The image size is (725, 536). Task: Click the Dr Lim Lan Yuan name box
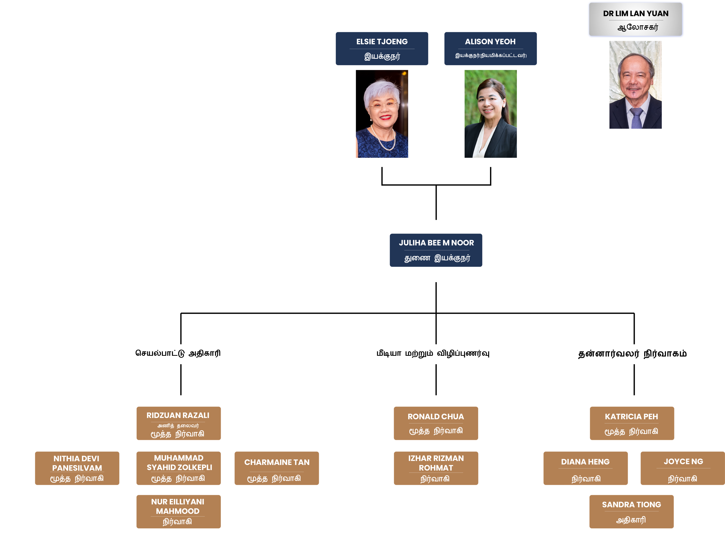point(636,20)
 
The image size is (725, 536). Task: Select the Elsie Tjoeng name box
point(382,49)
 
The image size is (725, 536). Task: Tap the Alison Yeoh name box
point(490,49)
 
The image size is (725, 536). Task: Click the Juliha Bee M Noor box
point(436,250)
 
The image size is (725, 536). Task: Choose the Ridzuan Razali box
point(179,423)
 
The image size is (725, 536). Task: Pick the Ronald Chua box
point(436,423)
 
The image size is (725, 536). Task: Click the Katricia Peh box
point(632,423)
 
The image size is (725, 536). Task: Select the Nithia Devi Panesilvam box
point(77,468)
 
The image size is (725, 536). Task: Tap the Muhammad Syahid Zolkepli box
point(179,468)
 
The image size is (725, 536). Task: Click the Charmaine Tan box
point(277,468)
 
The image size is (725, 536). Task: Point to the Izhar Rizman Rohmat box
point(436,468)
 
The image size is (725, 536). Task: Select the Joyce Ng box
point(682,468)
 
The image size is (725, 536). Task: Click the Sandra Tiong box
point(632,511)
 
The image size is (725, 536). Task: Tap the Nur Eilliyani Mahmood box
point(179,511)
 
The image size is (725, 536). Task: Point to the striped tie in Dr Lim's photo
point(636,119)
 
